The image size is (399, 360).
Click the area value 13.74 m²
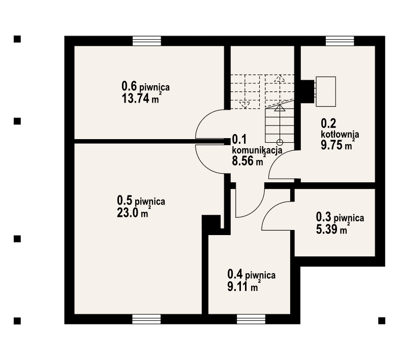(x=142, y=98)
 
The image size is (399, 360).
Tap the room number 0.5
(x=125, y=201)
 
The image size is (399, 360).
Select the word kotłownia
(x=340, y=134)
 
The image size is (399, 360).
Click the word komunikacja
(x=257, y=150)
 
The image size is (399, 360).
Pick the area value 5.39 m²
(x=333, y=229)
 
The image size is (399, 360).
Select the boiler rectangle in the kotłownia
(x=326, y=91)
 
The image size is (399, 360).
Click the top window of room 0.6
(x=147, y=41)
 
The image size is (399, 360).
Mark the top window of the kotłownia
(x=340, y=41)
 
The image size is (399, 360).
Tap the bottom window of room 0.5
(x=146, y=319)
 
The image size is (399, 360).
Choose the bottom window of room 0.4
(x=251, y=319)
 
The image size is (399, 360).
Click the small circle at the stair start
(x=280, y=142)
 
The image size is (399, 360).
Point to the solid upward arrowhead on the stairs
(x=280, y=108)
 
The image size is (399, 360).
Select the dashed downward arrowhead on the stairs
(x=244, y=105)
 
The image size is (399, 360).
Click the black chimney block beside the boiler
(x=308, y=91)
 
